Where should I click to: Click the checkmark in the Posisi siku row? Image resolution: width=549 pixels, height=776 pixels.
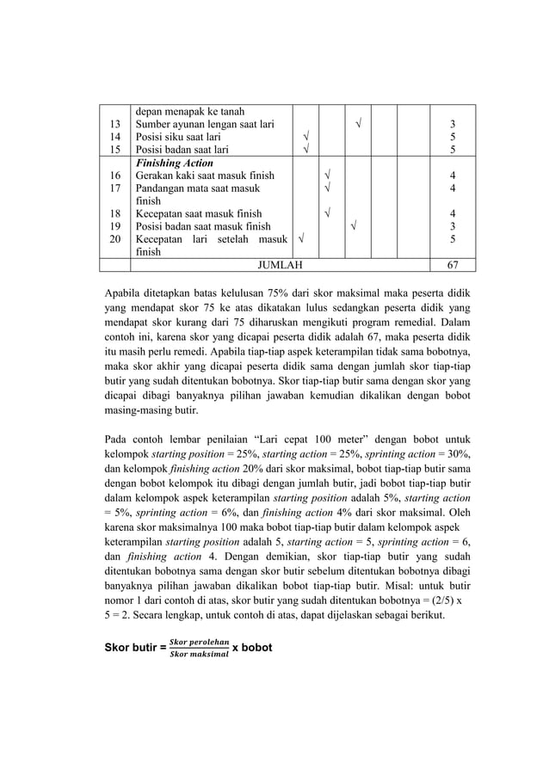coord(305,137)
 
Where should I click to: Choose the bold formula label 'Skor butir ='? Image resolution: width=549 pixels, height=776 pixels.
coord(135,647)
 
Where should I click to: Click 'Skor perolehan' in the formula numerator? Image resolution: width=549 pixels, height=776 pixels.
coord(199,641)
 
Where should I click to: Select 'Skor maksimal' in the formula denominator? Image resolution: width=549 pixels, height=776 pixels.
coord(199,654)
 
